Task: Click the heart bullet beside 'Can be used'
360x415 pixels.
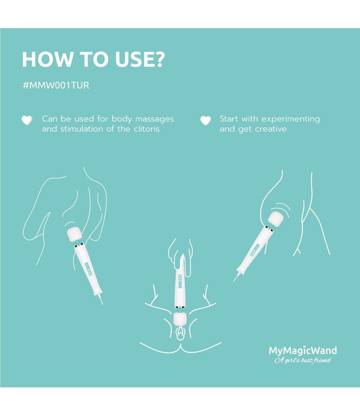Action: click(x=27, y=120)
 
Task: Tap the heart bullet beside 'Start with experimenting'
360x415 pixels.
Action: click(x=205, y=120)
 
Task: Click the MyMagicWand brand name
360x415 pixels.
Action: click(x=302, y=350)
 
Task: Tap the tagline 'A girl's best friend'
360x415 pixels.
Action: click(x=302, y=361)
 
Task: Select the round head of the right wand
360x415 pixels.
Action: click(x=276, y=219)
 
